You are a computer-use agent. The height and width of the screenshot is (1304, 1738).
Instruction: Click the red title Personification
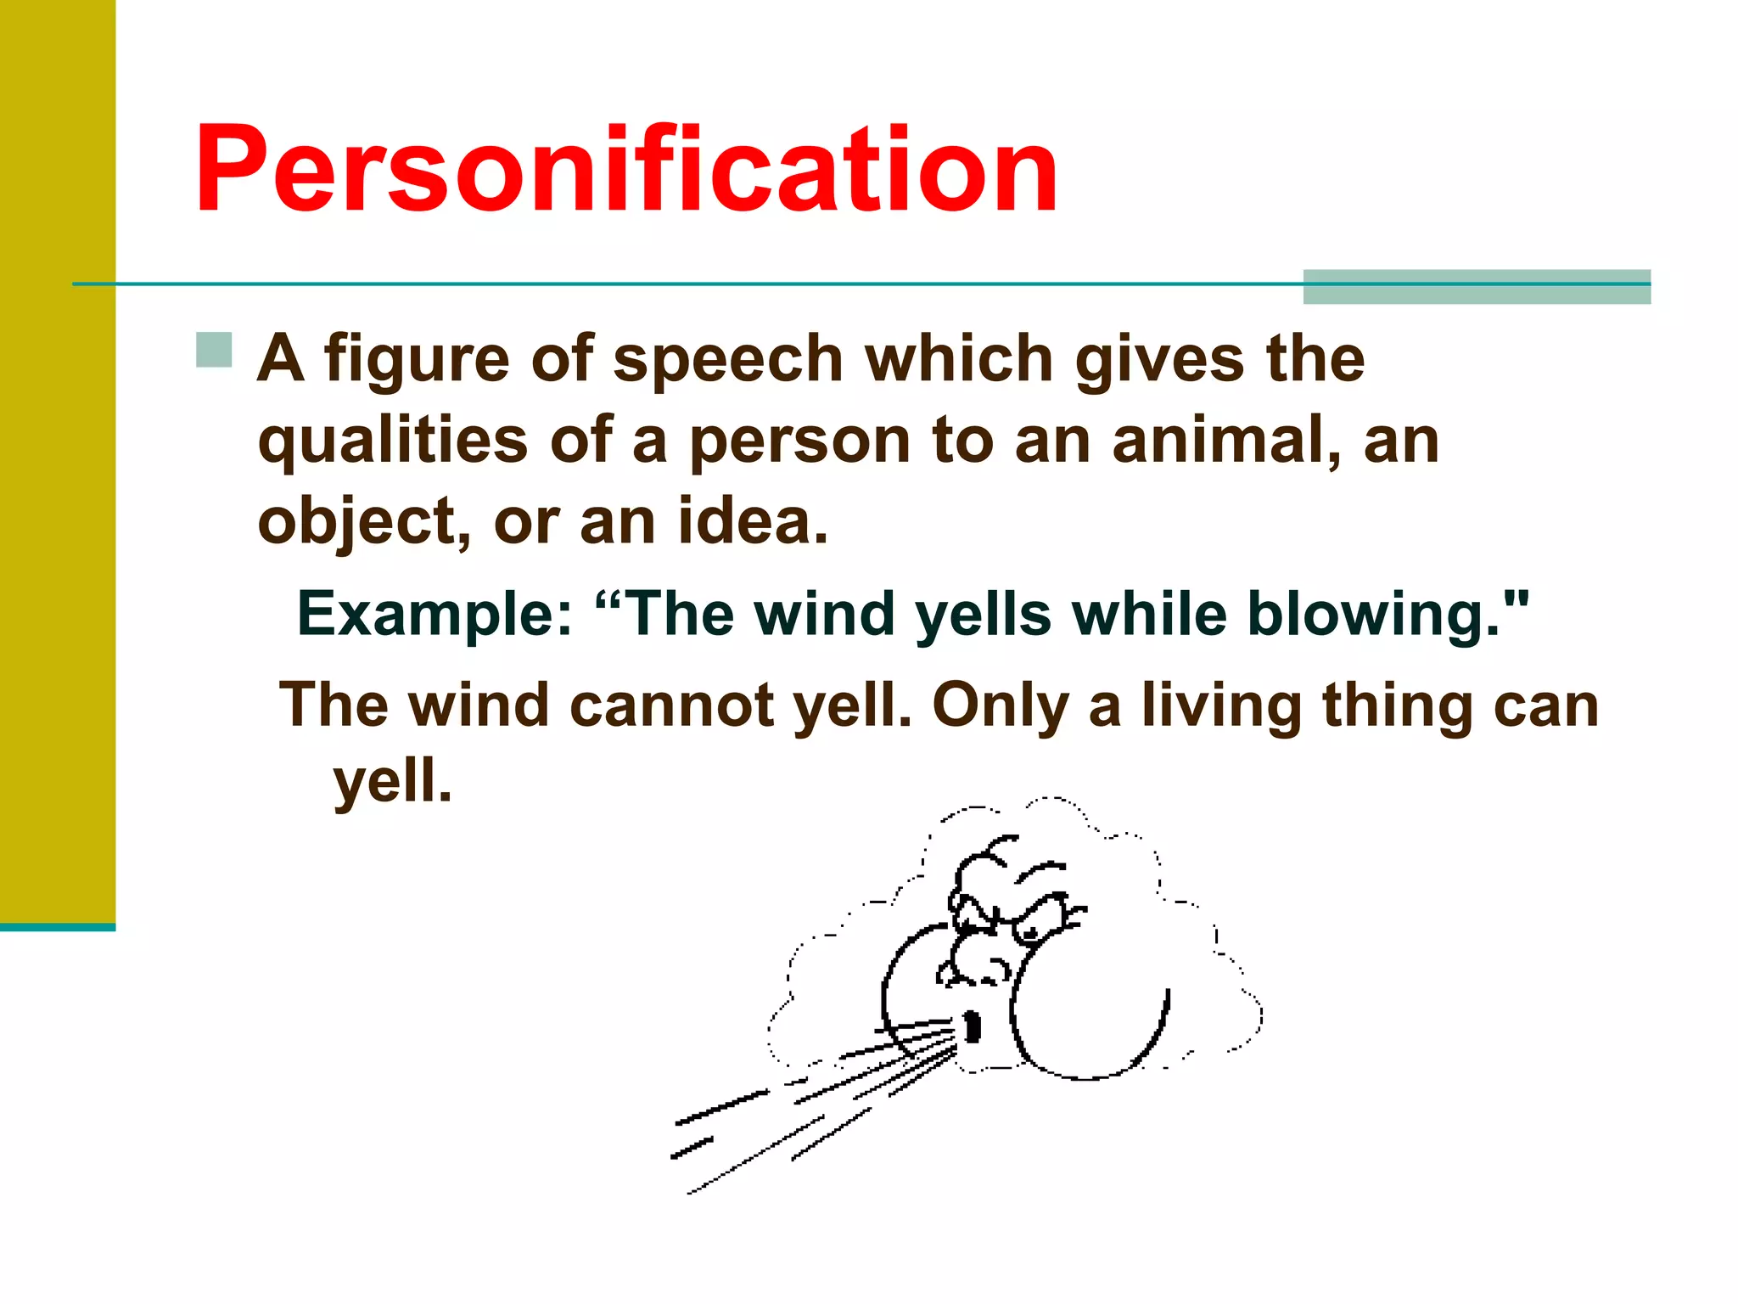(626, 170)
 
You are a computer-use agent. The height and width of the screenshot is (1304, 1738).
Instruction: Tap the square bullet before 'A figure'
(214, 350)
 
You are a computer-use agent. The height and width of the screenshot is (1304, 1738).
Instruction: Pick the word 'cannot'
(671, 705)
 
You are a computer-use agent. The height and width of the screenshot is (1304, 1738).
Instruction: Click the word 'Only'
(1000, 705)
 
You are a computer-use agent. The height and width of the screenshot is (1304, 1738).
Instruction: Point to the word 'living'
(1221, 705)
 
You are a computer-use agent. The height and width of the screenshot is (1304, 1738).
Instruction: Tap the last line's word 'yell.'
(392, 782)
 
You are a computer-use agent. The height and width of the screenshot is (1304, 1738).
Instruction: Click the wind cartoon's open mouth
(973, 1026)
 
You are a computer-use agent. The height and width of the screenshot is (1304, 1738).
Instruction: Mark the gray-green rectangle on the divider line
(1476, 287)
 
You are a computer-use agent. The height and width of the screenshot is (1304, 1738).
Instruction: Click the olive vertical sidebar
(57, 458)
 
